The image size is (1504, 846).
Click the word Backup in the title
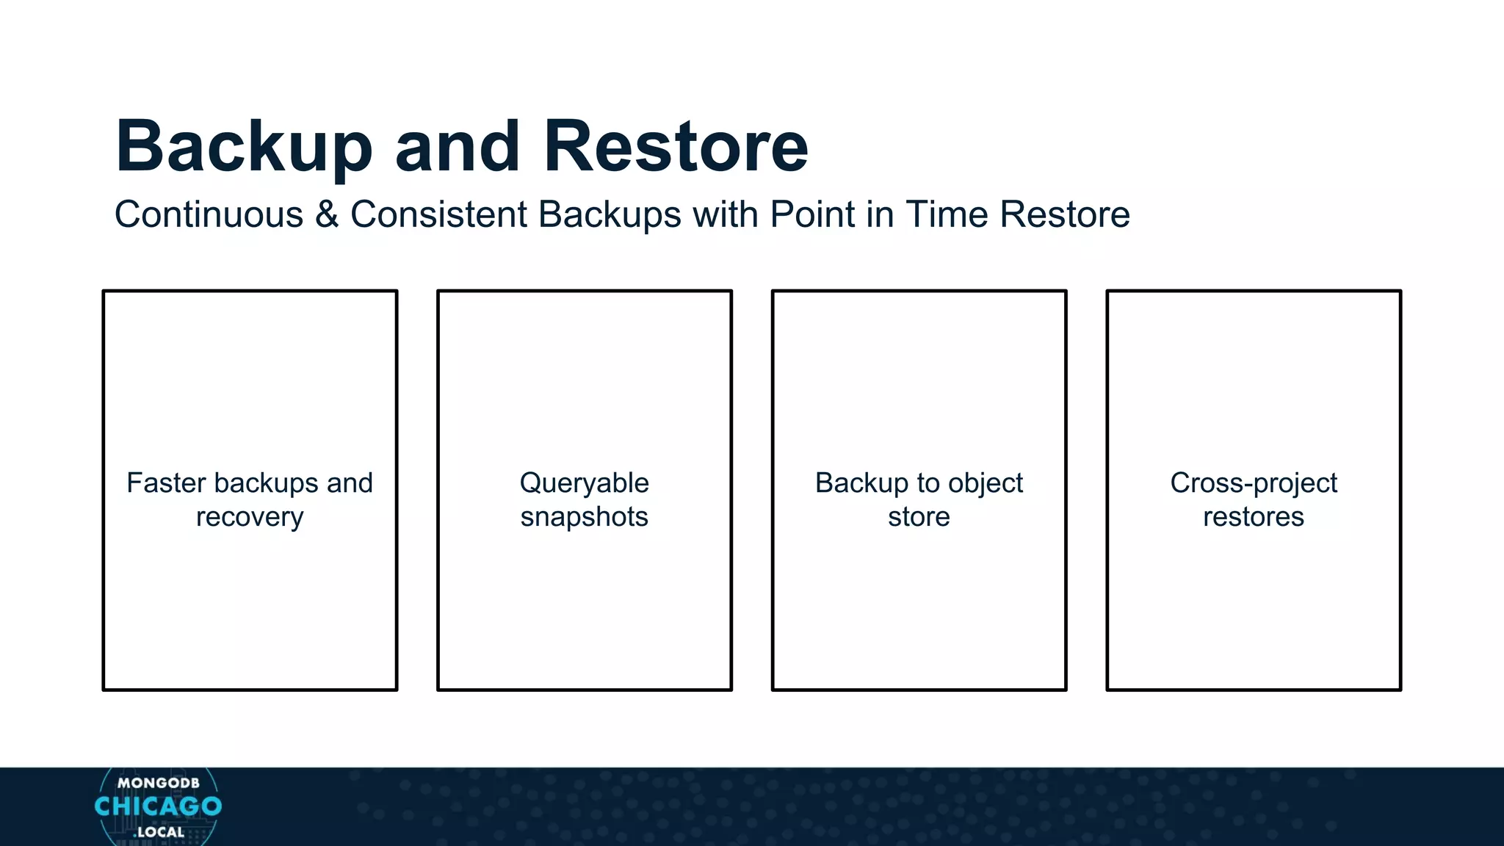coord(244,147)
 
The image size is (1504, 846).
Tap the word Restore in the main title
coord(676,147)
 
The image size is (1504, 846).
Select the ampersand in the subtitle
coord(327,215)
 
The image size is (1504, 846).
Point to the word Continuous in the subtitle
coord(209,215)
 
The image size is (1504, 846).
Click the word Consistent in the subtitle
coord(438,215)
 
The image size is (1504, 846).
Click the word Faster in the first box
coord(166,483)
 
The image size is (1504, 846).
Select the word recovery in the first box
coord(250,517)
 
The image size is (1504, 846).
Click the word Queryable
coord(584,483)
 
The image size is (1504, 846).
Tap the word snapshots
coord(584,517)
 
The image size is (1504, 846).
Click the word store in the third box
coord(919,517)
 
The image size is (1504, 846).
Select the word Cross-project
coord(1254,483)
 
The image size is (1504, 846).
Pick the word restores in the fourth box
coord(1254,517)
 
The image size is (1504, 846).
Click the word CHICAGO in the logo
coord(158,806)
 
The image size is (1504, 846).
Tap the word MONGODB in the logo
coord(158,784)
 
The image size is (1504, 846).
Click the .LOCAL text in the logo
coord(159,833)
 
